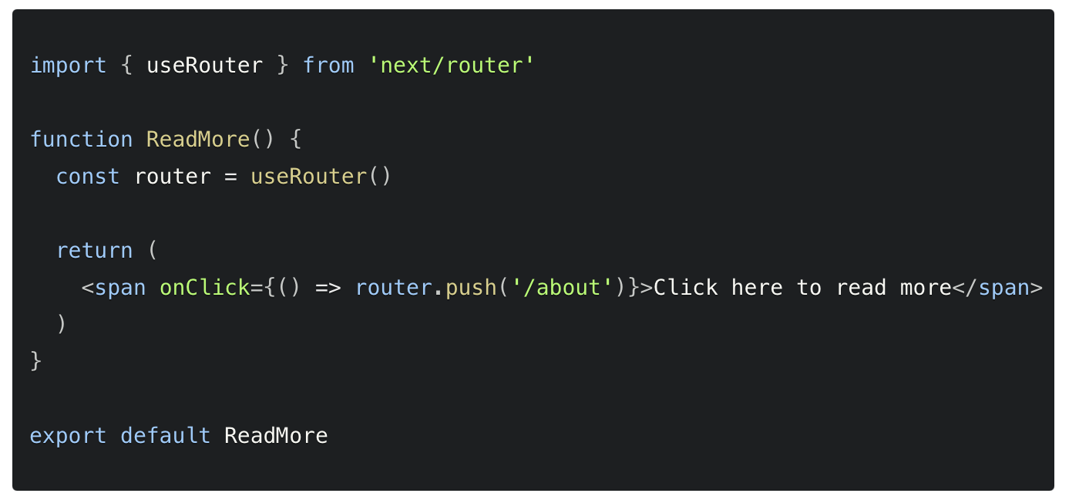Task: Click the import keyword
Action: [68, 65]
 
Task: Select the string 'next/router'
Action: [451, 65]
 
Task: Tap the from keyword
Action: [328, 65]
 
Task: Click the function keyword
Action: [81, 139]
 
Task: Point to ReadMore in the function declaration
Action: [198, 139]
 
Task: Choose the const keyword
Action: [88, 176]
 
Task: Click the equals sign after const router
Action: [230, 176]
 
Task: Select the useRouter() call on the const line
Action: [321, 176]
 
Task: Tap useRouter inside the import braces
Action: [204, 65]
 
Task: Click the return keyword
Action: [94, 250]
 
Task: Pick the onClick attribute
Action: [204, 287]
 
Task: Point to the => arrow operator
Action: [328, 287]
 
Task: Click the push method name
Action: [471, 287]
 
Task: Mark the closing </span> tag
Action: [997, 287]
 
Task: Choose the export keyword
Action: [68, 435]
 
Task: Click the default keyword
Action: [166, 435]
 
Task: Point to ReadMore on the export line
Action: [276, 435]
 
